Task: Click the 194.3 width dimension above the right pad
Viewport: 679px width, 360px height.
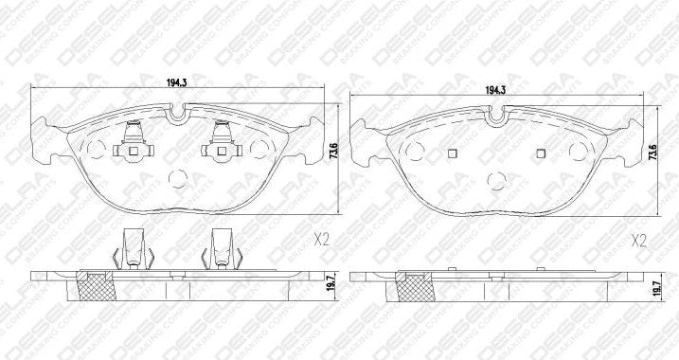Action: pos(493,90)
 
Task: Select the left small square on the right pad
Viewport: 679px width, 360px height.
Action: pos(451,154)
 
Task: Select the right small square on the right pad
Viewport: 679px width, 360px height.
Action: pos(541,154)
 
